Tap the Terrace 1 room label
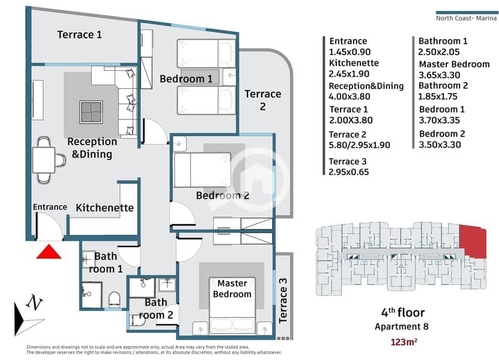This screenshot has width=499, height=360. (x=79, y=35)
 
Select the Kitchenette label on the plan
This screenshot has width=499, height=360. (x=104, y=208)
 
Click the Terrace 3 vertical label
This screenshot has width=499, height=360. (x=284, y=298)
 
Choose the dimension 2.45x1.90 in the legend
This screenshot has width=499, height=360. (x=349, y=74)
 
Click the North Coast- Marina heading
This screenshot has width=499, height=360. (x=466, y=18)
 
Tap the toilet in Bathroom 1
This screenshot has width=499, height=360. (x=113, y=298)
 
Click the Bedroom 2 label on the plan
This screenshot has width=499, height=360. (x=222, y=195)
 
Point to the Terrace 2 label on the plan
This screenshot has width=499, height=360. (x=262, y=100)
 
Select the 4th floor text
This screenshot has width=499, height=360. (x=402, y=313)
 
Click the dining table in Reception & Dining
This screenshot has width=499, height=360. (x=46, y=159)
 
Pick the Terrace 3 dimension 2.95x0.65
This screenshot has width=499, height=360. (x=349, y=172)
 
